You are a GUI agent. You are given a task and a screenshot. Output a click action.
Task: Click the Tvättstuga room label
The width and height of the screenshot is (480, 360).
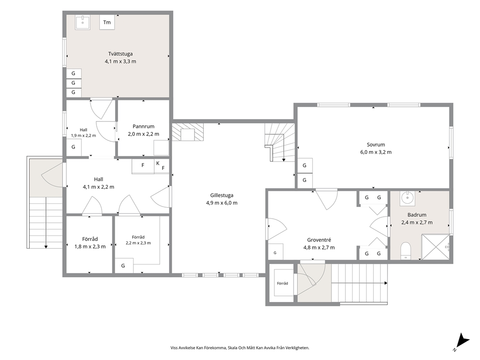coord(120,54)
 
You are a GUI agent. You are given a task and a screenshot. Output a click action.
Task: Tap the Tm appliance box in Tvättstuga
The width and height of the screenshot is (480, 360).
coord(107,22)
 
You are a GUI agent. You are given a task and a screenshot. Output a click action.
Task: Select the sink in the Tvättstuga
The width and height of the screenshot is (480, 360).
coord(83,22)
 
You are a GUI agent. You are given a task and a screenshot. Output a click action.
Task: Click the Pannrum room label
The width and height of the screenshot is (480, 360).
coord(143,126)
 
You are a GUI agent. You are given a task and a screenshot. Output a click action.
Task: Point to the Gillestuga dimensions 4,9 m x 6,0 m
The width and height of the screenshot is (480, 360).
coord(222,203)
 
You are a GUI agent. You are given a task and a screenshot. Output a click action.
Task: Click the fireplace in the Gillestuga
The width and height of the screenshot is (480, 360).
coord(188,132)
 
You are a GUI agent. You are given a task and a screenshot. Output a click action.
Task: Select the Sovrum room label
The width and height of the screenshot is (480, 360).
coord(376,145)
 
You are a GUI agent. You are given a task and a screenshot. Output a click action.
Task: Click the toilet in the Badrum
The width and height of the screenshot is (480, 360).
coord(405,251)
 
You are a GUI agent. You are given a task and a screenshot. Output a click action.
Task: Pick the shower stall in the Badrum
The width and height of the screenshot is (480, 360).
coord(435,247)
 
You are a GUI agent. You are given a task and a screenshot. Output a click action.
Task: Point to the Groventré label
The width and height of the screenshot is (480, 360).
coord(319,240)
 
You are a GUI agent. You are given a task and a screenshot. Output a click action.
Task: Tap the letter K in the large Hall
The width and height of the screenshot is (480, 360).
coord(158,163)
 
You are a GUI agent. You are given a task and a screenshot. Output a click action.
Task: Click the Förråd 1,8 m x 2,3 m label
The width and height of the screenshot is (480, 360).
coord(90,243)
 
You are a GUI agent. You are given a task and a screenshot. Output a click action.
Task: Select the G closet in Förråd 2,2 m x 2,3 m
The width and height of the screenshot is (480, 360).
coord(124,266)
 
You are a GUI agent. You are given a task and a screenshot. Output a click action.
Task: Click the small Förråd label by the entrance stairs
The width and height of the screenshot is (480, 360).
coord(282,284)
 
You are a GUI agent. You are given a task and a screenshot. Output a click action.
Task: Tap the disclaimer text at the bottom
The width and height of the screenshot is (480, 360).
coord(240,348)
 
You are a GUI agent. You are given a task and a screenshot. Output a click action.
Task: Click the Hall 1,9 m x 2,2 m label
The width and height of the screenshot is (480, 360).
coord(83,133)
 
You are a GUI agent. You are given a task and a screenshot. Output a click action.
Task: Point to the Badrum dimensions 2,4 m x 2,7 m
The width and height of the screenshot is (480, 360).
coord(417,223)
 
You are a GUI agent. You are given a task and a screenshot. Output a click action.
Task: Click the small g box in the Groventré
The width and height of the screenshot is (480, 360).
coord(275,252)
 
